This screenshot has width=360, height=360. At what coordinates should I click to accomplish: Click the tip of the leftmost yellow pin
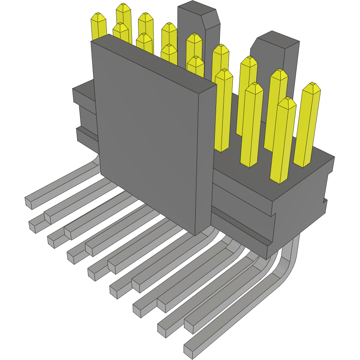tap(98, 17)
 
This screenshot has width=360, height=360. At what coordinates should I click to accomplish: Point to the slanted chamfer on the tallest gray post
tap(211, 19)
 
